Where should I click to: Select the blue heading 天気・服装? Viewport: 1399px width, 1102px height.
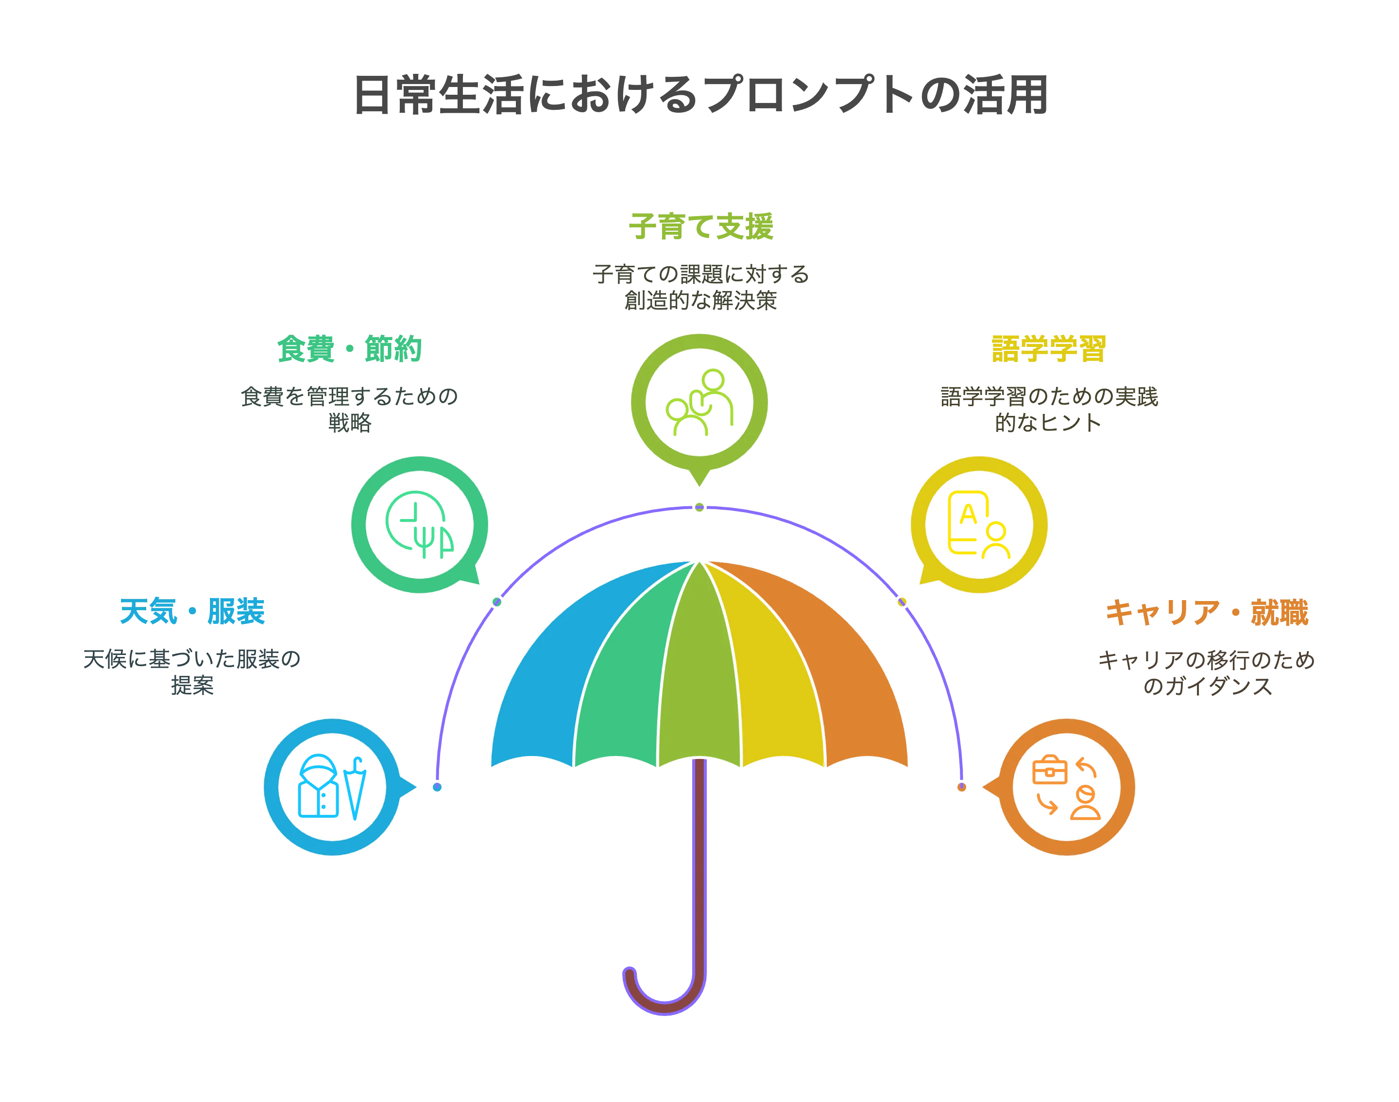tap(192, 611)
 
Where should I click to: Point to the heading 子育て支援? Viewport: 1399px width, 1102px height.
tap(700, 226)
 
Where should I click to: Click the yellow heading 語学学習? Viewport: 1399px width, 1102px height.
tap(1049, 349)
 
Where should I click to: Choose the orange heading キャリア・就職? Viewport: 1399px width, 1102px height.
tap(1207, 612)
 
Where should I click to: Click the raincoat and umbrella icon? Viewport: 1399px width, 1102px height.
tap(332, 787)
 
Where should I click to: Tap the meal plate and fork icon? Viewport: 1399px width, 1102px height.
tap(419, 525)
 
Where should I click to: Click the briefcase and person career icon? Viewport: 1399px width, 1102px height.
tap(1066, 787)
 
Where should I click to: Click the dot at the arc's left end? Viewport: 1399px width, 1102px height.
tap(437, 787)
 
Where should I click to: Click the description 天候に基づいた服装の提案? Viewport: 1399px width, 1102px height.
tap(192, 672)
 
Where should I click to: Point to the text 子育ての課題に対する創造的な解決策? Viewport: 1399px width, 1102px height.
tap(700, 287)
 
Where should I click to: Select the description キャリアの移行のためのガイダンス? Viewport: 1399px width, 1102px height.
tap(1207, 673)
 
